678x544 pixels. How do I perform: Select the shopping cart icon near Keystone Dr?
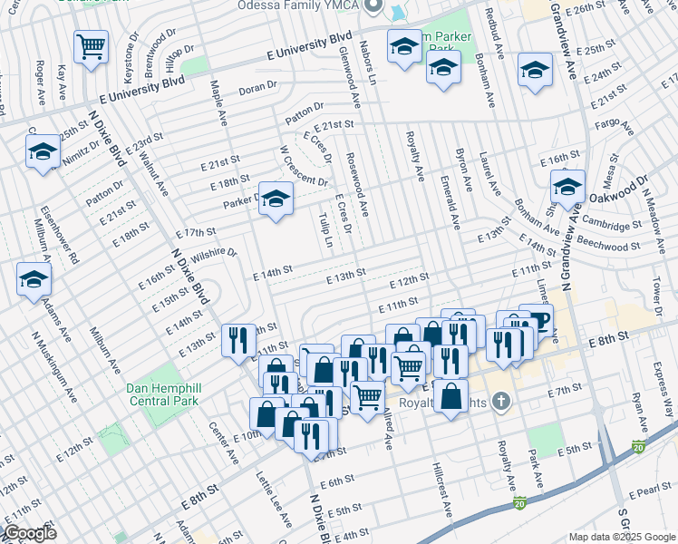(92, 46)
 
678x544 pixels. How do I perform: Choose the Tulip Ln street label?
(326, 230)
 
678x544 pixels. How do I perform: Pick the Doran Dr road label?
(257, 89)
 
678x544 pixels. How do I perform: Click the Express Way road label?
(661, 382)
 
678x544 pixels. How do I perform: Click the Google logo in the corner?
(30, 533)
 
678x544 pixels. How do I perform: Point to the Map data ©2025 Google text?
(621, 537)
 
